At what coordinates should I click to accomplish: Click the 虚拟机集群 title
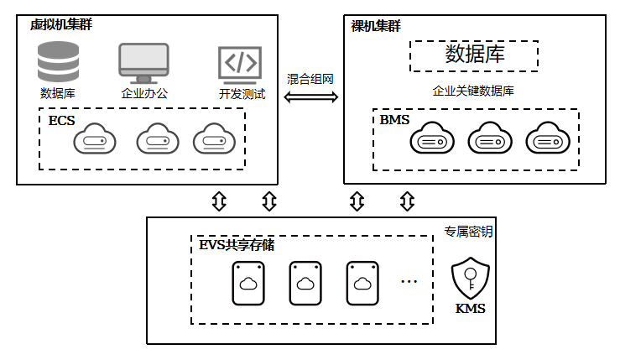coord(61,24)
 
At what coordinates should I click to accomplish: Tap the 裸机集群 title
coord(376,26)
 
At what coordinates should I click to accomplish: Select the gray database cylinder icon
coord(58,62)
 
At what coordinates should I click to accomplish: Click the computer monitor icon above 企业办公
coord(144,63)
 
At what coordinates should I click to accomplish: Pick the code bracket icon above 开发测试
coord(240,65)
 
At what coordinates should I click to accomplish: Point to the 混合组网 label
coord(310,79)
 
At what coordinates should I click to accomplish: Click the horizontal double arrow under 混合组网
coord(311,97)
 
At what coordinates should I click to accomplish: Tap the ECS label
coord(62,120)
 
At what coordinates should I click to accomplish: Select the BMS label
coord(394,119)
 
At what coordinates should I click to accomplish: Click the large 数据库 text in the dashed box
coord(475,55)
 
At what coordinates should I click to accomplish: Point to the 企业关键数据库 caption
coord(473,91)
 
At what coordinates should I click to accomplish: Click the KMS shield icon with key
coord(471,278)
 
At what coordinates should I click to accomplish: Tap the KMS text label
coord(470,309)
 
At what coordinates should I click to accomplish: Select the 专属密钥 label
coord(468,232)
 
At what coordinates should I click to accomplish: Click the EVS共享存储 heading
coord(237,245)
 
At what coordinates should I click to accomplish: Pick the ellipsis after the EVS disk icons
coord(409,282)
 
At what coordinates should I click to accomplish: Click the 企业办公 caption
coord(144,93)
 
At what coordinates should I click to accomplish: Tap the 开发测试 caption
coord(242,94)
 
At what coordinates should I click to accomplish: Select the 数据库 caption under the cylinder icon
coord(58,93)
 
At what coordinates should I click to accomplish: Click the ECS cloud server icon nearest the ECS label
coord(95,138)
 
